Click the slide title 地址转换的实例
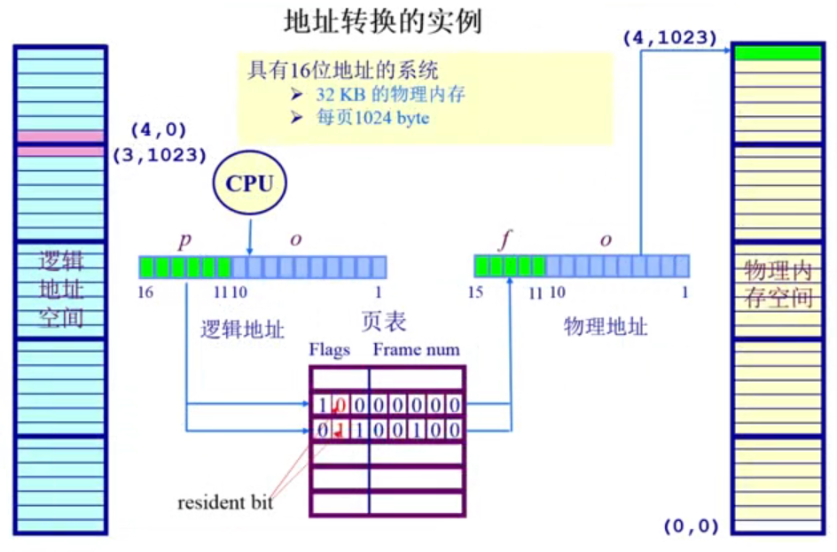click(x=382, y=21)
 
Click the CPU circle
click(x=249, y=184)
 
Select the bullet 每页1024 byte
click(x=372, y=117)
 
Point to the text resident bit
click(x=225, y=503)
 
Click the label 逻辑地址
click(x=242, y=330)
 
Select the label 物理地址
click(x=606, y=327)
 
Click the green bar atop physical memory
click(x=778, y=53)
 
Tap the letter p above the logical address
click(x=185, y=240)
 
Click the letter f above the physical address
click(x=506, y=240)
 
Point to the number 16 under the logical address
click(x=146, y=292)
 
